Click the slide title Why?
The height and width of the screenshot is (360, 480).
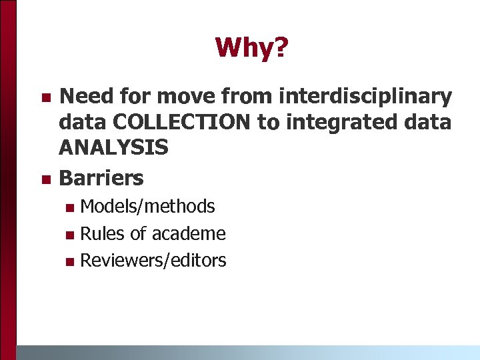pos(251,47)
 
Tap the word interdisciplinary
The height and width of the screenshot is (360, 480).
pos(365,97)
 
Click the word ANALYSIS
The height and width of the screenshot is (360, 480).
pos(113,147)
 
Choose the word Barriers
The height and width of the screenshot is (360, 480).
pos(101,178)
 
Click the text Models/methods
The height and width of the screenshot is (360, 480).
pos(147,207)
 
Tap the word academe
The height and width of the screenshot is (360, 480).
pos(189,233)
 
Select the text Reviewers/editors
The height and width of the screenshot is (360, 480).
pos(153,260)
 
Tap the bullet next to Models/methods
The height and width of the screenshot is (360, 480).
pos(70,208)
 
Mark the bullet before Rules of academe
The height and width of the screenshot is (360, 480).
pos(70,235)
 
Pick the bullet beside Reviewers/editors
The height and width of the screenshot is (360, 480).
pos(70,261)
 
